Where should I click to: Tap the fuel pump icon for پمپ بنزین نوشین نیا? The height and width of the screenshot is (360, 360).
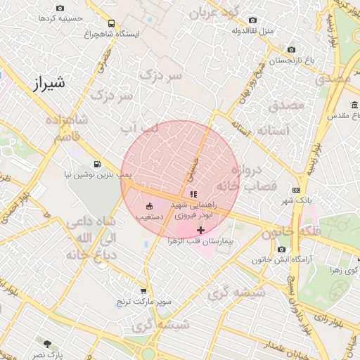[x=96, y=162]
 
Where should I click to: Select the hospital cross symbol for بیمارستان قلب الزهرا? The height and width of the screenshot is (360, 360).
[x=201, y=230]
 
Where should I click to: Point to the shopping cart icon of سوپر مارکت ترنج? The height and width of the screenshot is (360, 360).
[x=144, y=292]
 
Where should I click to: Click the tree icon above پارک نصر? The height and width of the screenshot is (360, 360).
[x=47, y=344]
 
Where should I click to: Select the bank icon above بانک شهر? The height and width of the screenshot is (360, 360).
[x=296, y=189]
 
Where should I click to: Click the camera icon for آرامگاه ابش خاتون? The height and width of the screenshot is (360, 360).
[x=282, y=250]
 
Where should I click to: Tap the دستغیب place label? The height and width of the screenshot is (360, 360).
[x=148, y=217]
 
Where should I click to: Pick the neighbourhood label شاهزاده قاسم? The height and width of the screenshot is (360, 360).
[x=67, y=129]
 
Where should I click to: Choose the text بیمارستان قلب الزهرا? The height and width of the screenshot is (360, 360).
[x=194, y=240]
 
